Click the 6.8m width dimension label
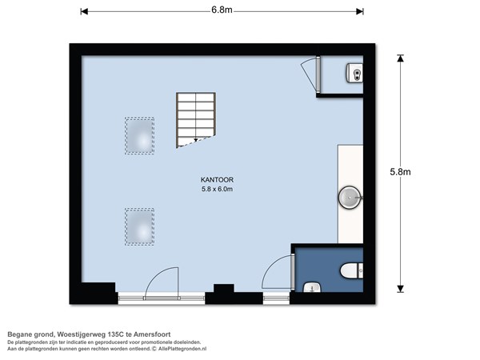point(222,10)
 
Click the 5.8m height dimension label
point(400,172)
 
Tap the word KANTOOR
point(217,180)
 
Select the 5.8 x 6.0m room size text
point(217,189)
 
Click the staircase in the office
point(196,120)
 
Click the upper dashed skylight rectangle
point(139,135)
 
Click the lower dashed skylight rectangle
point(139,226)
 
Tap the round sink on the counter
point(350,198)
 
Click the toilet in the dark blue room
point(352,270)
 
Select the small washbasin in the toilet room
point(312,287)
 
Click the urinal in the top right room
point(354,73)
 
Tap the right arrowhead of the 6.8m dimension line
point(360,12)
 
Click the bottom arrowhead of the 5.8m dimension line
point(400,289)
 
